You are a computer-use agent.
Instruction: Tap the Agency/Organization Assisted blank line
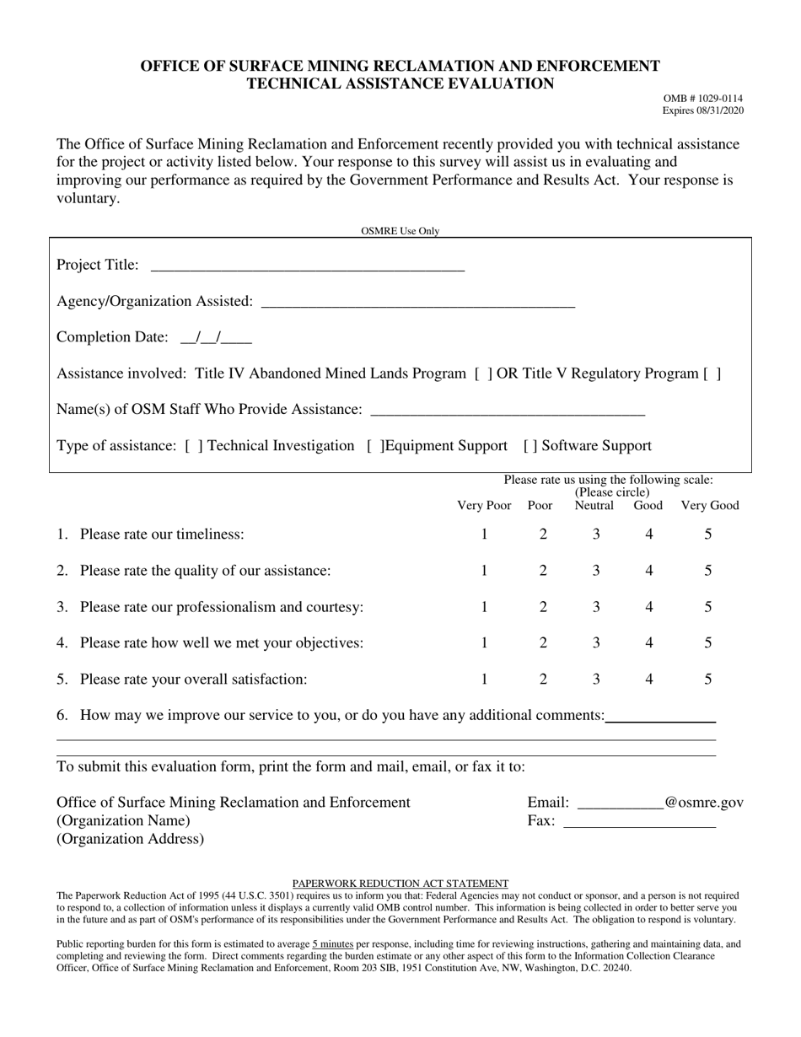(418, 303)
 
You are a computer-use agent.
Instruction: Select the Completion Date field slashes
(216, 339)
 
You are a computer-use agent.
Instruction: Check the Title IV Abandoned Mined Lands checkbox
(484, 373)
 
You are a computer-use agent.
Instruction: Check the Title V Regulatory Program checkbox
(712, 373)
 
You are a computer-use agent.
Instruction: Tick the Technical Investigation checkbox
(193, 446)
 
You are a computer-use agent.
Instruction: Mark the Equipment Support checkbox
(376, 446)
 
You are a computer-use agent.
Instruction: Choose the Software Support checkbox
(531, 446)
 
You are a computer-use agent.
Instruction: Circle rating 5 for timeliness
(708, 534)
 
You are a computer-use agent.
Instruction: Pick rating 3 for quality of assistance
(595, 571)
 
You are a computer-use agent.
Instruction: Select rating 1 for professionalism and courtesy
(484, 607)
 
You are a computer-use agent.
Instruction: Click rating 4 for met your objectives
(648, 643)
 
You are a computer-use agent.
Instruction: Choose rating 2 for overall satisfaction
(543, 680)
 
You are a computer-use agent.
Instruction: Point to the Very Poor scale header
(484, 506)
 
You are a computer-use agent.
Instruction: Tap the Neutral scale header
(594, 506)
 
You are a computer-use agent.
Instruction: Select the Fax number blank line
(638, 823)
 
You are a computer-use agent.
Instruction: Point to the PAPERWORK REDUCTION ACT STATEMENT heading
(400, 884)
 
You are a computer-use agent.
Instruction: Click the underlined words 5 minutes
(332, 945)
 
